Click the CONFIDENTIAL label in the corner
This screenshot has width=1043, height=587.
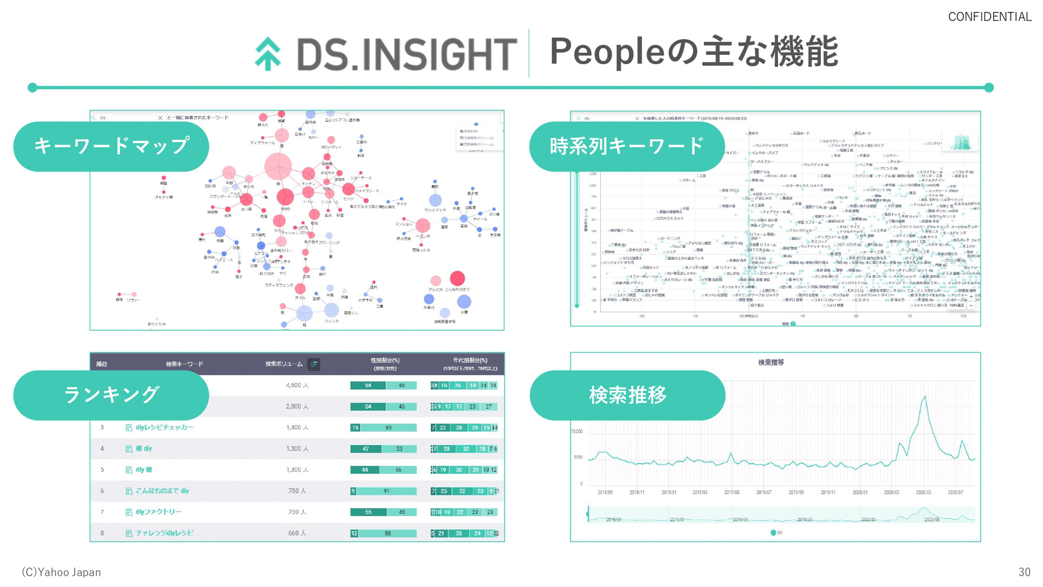tap(989, 17)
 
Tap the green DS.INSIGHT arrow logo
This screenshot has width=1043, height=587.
tap(268, 54)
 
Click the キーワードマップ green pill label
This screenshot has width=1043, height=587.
tap(111, 146)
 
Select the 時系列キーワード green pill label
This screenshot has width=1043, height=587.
tap(627, 146)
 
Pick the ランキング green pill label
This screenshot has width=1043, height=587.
tap(111, 395)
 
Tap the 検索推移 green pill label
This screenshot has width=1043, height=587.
tap(627, 395)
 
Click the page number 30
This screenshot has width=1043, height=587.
tap(1024, 572)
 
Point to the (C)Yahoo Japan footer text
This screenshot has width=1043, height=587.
tap(61, 572)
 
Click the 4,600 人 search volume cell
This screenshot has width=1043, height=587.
tap(297, 385)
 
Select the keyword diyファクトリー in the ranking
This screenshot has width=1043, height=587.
tap(158, 512)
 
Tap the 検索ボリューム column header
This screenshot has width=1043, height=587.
tap(284, 364)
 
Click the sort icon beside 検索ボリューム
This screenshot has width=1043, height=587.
tap(314, 364)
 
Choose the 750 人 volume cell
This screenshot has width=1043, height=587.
tap(297, 491)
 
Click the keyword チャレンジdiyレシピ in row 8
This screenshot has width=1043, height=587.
tap(164, 533)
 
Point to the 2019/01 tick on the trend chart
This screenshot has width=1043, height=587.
tap(668, 492)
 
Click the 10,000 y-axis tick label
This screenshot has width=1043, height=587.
tap(577, 432)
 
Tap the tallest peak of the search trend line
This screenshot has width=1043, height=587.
tap(924, 398)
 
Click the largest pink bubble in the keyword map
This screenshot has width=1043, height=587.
tap(278, 166)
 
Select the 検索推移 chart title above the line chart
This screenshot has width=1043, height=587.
tap(771, 363)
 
